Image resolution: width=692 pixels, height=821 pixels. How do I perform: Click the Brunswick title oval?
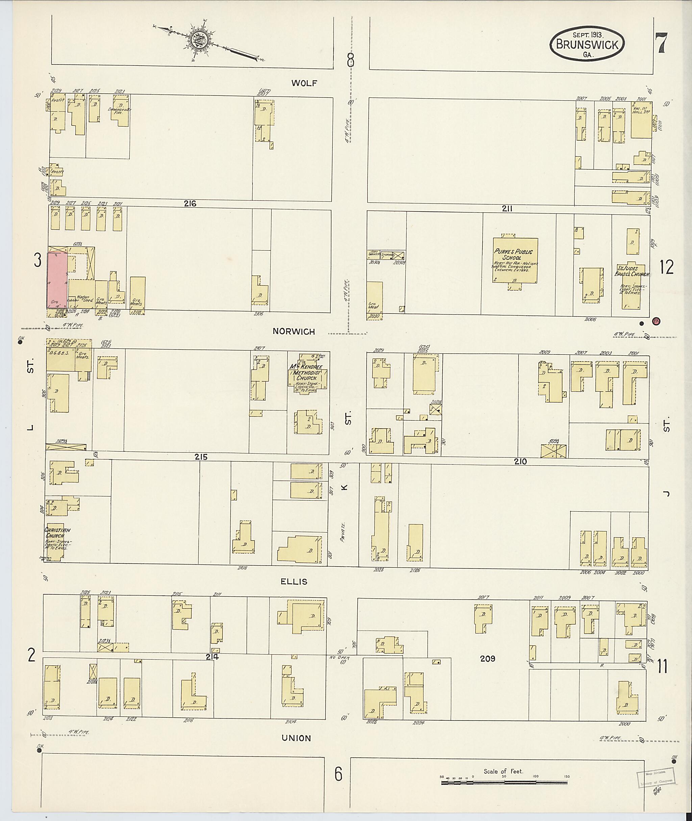tap(587, 44)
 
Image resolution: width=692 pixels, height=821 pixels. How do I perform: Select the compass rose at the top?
tap(200, 40)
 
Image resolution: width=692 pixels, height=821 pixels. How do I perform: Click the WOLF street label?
tap(304, 83)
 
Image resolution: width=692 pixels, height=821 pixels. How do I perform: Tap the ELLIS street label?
tap(294, 582)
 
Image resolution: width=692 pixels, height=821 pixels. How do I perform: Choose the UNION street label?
tap(297, 738)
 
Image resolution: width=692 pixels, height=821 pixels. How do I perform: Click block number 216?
tap(190, 204)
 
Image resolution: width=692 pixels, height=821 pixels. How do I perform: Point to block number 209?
tap(487, 658)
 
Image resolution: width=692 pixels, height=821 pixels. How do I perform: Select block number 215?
tap(200, 457)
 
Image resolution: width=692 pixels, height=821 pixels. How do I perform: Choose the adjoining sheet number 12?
tap(667, 267)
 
